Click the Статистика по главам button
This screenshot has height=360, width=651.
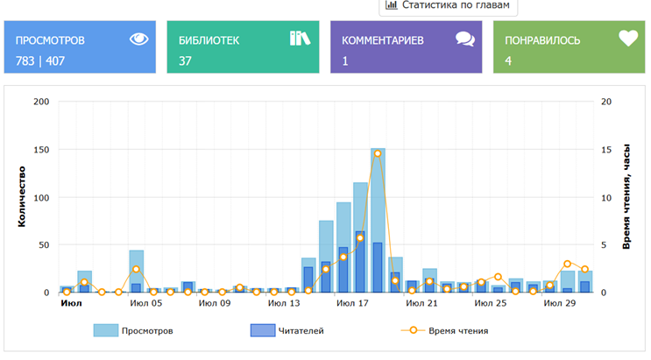(448, 5)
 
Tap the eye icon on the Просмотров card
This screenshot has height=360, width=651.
(139, 39)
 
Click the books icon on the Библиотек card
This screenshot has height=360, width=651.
(300, 39)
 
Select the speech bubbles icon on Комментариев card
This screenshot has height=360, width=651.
(464, 39)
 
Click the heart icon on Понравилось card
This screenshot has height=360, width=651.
(627, 39)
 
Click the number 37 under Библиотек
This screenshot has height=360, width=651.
(185, 60)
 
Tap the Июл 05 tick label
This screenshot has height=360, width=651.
(145, 304)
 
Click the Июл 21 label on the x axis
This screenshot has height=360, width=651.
(421, 304)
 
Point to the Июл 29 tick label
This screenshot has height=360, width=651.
(558, 304)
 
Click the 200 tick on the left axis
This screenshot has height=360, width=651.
(40, 102)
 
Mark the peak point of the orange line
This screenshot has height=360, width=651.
(378, 153)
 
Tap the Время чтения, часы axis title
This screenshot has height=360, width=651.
(627, 197)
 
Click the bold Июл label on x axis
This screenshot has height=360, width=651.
(71, 304)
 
